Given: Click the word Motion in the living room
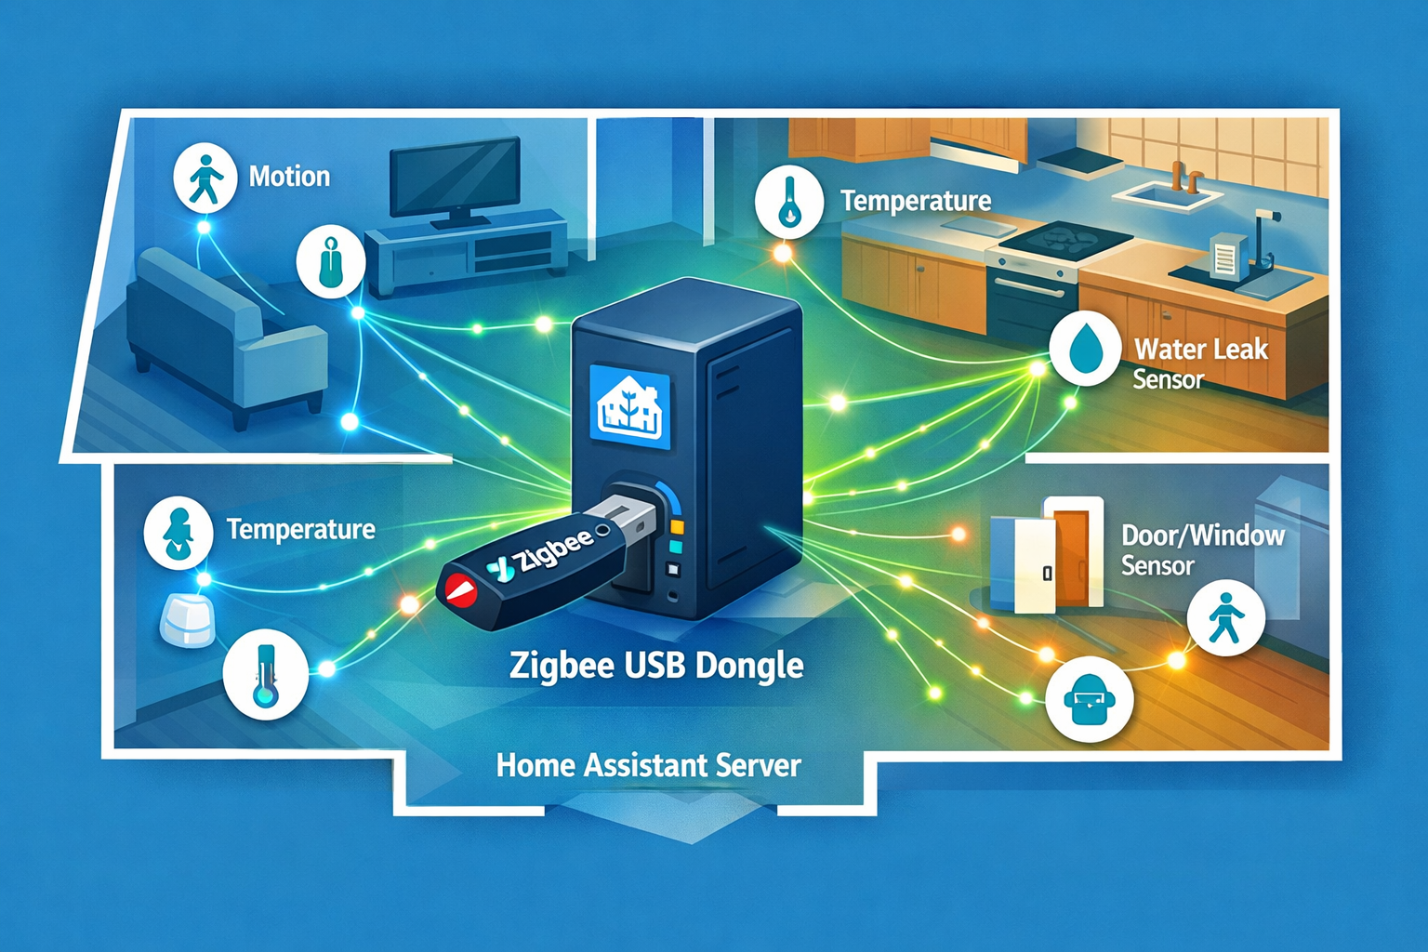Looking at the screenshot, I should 289,177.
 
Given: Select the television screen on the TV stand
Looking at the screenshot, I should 454,177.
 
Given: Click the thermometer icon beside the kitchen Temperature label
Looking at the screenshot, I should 789,201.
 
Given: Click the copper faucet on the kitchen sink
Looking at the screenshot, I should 1183,175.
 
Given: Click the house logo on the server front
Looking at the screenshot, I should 629,407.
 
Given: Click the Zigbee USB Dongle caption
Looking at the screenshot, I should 656,666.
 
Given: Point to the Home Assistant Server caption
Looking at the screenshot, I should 648,765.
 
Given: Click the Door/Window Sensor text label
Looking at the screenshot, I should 1201,549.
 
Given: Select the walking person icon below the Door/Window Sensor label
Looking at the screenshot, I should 1225,618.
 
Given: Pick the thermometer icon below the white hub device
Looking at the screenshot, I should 266,674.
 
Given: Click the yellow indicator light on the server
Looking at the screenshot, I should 677,527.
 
